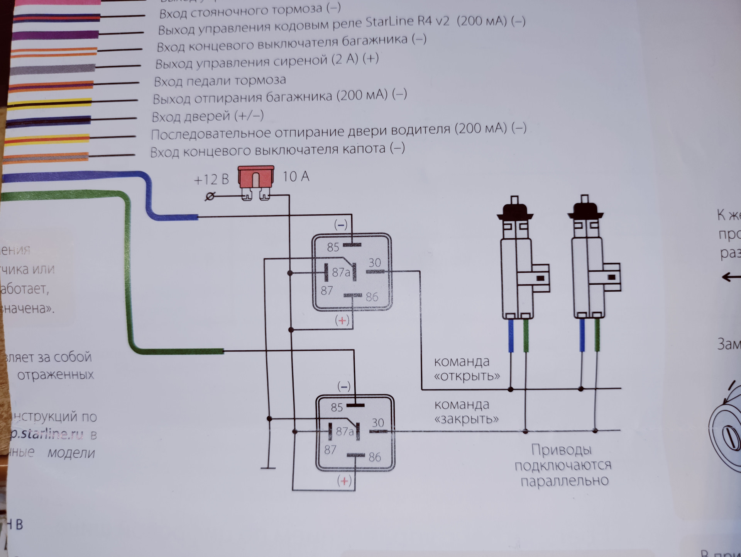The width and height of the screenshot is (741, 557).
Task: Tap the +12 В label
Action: (x=211, y=180)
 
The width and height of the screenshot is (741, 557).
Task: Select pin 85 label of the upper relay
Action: (x=333, y=247)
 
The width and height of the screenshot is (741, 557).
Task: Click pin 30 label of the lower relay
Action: (x=378, y=423)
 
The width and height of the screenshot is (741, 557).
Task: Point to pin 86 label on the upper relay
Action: (x=372, y=297)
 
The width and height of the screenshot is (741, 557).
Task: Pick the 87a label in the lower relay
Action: (x=344, y=431)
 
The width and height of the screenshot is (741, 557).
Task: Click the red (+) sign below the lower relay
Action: (x=344, y=481)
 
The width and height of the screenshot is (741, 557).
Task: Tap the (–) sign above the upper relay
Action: (x=340, y=225)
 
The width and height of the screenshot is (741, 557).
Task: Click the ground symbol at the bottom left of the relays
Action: (x=268, y=468)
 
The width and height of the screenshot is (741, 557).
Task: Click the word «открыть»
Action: (x=467, y=376)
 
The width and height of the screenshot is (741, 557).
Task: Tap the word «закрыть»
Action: (x=466, y=419)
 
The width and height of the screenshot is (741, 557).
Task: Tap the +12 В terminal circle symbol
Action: (x=210, y=197)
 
